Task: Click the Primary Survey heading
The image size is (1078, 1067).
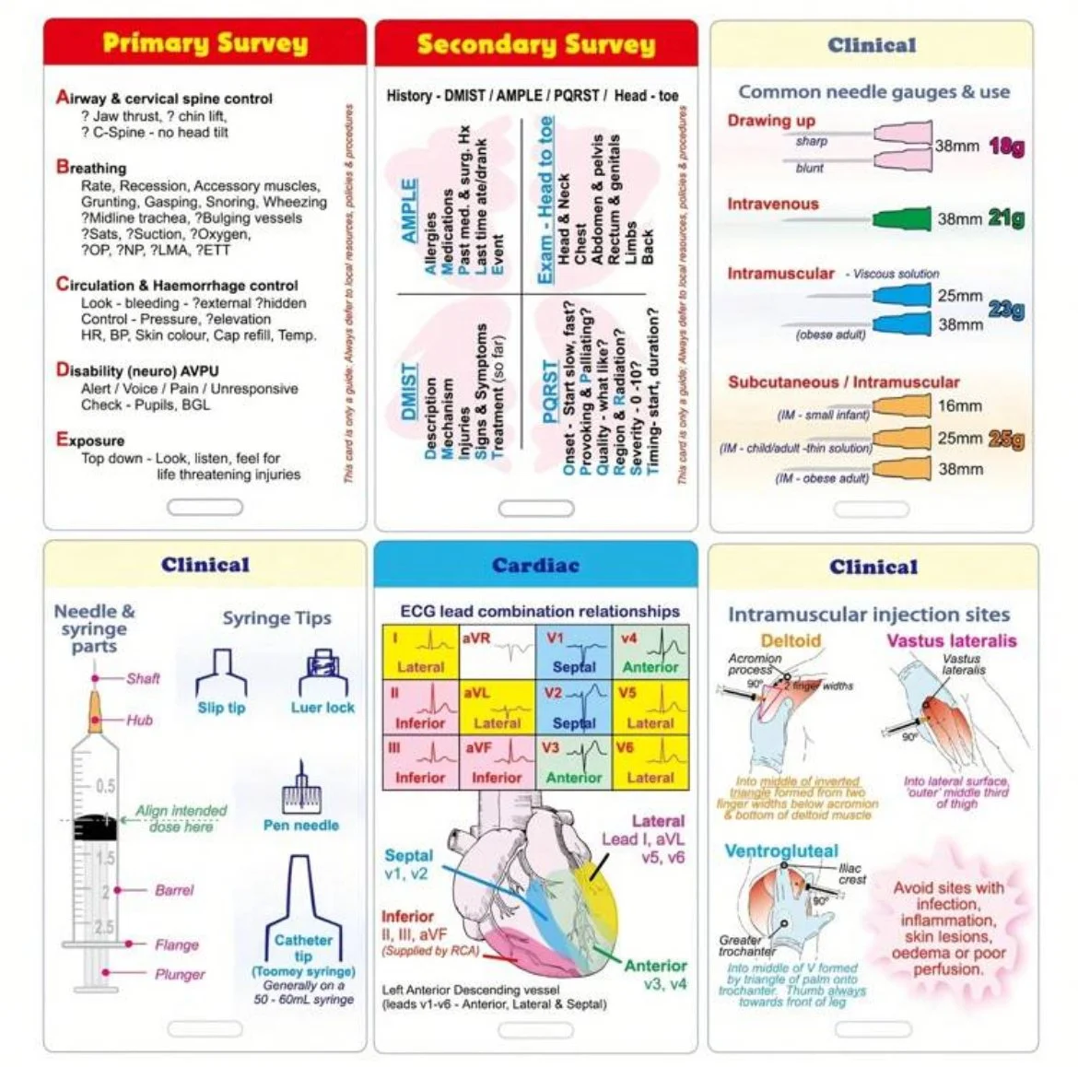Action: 205,42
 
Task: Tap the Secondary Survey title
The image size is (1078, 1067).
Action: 535,43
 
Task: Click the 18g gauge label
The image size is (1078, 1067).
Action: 1005,147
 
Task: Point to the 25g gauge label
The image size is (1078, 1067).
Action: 1005,439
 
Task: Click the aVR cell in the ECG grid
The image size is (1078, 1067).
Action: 497,651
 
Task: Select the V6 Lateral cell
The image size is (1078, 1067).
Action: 650,761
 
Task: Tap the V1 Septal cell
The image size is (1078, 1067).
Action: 574,651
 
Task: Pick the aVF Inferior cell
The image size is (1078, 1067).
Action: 497,761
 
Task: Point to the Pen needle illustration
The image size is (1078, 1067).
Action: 300,789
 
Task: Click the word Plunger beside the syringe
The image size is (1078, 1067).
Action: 180,974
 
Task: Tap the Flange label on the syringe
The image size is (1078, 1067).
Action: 177,944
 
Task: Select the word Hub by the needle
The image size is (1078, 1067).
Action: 139,720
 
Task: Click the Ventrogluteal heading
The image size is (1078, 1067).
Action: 781,850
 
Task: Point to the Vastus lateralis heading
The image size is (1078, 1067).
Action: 952,640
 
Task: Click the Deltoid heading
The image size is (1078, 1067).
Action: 791,640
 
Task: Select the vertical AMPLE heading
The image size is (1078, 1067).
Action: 409,211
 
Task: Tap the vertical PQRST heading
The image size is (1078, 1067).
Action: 550,392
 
